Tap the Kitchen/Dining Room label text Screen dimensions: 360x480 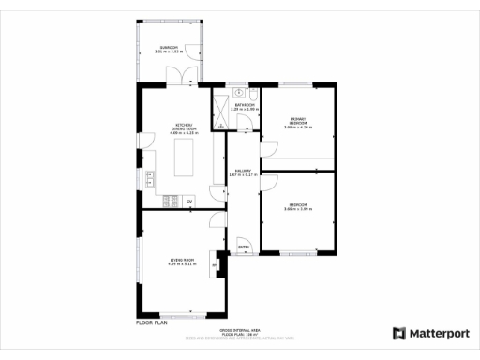point(182,127)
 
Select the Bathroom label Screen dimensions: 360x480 point(243,107)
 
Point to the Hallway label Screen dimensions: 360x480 point(242,172)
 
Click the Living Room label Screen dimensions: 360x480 point(182,261)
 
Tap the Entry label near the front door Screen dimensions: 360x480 point(243,247)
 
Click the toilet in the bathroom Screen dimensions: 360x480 point(253,94)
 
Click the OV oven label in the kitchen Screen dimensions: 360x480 point(188,201)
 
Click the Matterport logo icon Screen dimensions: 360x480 point(398,333)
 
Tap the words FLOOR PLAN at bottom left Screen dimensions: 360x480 point(151,322)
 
